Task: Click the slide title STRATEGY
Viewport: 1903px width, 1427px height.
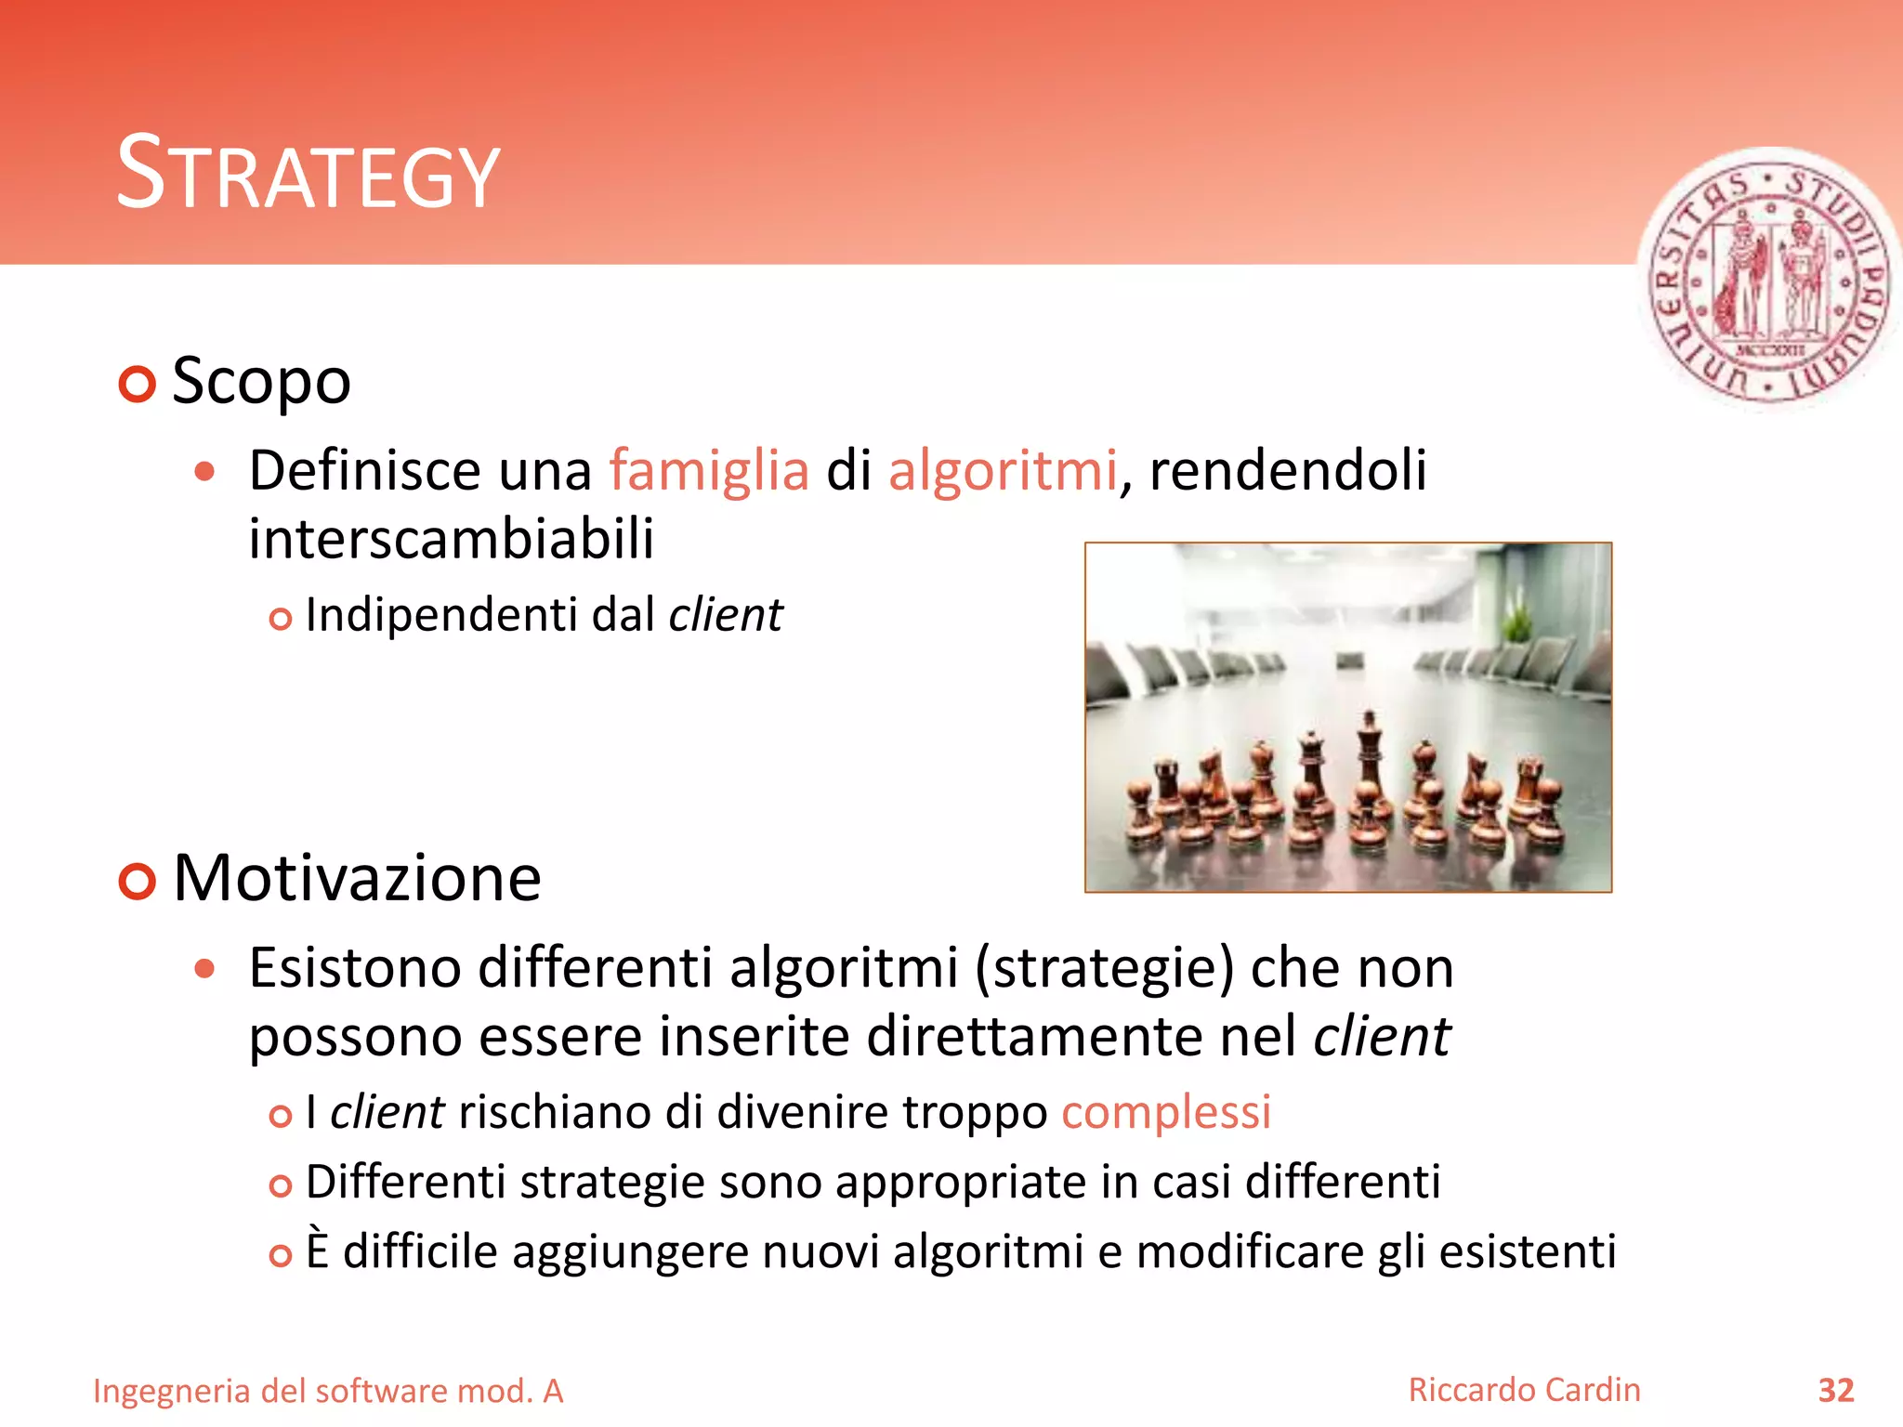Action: click(x=308, y=174)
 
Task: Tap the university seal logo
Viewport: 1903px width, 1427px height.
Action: click(x=1769, y=279)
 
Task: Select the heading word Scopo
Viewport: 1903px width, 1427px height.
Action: click(x=261, y=381)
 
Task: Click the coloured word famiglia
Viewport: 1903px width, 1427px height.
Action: click(x=709, y=470)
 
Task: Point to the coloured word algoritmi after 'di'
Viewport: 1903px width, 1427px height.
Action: click(x=1002, y=470)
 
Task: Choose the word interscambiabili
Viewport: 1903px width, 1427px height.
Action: click(x=452, y=539)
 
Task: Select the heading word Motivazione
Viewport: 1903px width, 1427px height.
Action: click(x=357, y=878)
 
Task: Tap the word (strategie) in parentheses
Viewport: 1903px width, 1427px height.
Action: click(x=1104, y=968)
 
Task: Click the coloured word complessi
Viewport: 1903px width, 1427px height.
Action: click(x=1166, y=1112)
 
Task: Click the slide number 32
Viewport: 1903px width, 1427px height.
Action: click(x=1835, y=1391)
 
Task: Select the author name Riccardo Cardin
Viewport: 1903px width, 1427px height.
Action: click(x=1524, y=1390)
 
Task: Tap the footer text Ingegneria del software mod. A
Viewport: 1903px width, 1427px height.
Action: click(x=328, y=1392)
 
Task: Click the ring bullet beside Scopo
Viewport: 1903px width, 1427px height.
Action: click(x=138, y=384)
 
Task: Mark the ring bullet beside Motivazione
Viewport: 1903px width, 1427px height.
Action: click(x=138, y=881)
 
